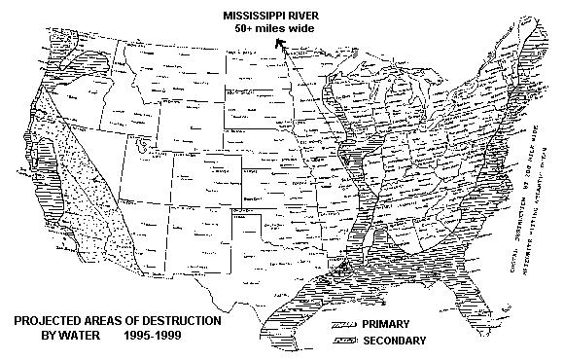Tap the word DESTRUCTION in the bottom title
[x=179, y=321]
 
